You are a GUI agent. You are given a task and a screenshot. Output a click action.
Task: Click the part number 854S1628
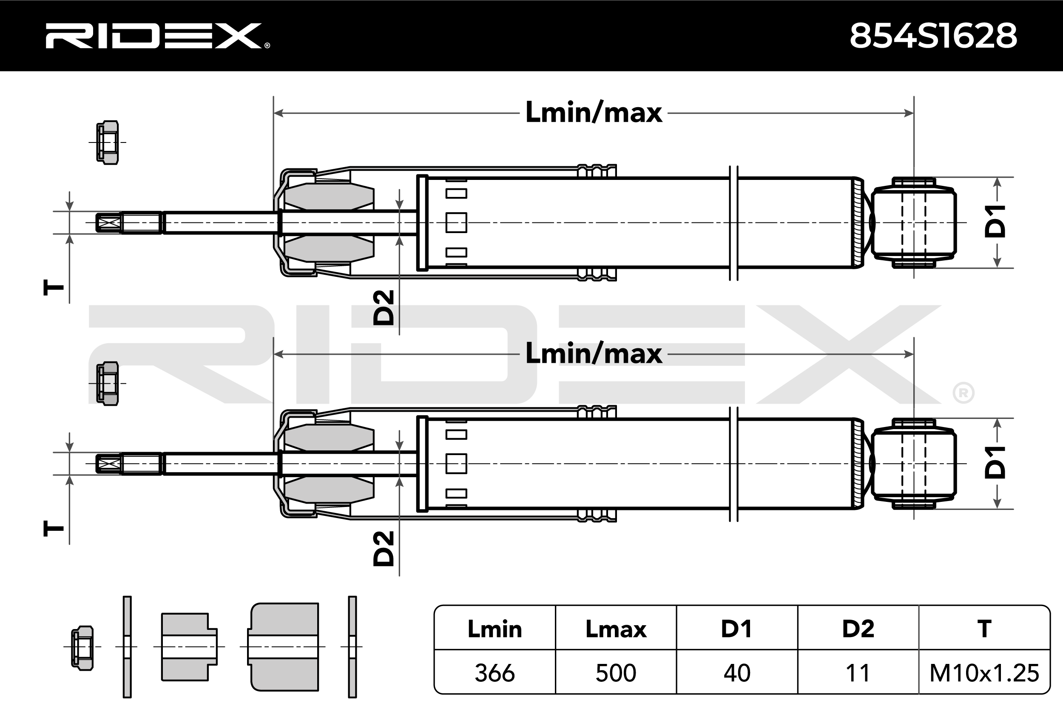coord(934,36)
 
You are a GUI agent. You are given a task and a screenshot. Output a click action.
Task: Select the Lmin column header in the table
coord(495,629)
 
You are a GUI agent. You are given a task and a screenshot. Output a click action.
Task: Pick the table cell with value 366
coord(495,673)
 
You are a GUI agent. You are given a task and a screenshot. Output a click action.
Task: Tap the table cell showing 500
coord(616,673)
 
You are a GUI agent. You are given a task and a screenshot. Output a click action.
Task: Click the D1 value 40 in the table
coord(737,673)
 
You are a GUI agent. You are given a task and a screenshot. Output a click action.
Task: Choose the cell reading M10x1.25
coord(984,673)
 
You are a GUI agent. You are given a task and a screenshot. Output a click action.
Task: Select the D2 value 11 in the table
coord(858,673)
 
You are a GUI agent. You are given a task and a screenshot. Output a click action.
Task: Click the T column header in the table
coord(984,629)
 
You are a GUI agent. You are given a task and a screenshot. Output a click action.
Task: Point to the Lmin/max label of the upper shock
coord(594,112)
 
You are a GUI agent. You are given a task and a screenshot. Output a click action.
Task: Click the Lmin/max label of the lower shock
coord(594,353)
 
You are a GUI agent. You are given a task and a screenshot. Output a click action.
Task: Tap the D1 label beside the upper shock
coord(996,221)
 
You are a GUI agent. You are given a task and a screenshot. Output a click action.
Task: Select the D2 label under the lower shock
coord(384,549)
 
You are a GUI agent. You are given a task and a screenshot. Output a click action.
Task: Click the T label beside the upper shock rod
coord(53,288)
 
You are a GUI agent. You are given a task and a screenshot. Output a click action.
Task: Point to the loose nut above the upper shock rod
coord(108,142)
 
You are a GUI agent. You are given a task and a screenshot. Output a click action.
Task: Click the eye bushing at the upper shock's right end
coord(913,222)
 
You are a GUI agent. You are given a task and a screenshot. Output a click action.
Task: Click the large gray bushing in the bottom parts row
coord(283,646)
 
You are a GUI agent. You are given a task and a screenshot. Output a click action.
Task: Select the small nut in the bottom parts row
coord(82,648)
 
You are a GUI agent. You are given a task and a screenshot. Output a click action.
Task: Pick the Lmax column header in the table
coord(616,629)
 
